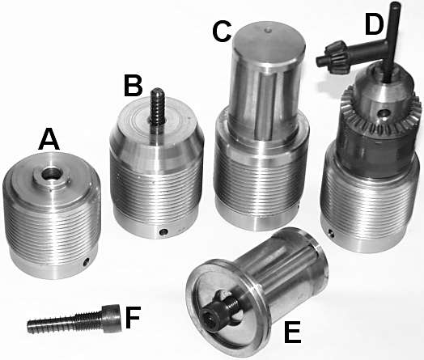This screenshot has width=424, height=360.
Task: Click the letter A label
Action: pyautogui.click(x=49, y=139)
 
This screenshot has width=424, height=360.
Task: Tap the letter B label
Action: pyautogui.click(x=133, y=85)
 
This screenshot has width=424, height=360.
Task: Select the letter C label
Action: pyautogui.click(x=222, y=32)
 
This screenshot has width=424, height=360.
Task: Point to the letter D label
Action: pyautogui.click(x=375, y=24)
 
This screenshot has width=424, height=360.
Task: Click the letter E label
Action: pyautogui.click(x=293, y=332)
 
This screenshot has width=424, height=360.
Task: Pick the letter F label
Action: pyautogui.click(x=133, y=317)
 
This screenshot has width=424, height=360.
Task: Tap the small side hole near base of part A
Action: pyautogui.click(x=87, y=261)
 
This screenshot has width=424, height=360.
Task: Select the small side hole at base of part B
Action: pyautogui.click(x=163, y=232)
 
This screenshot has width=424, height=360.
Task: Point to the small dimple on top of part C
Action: pyautogui.click(x=268, y=30)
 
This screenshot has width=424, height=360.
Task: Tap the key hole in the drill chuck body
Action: pyautogui.click(x=384, y=113)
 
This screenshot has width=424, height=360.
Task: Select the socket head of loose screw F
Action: pyautogui.click(x=112, y=318)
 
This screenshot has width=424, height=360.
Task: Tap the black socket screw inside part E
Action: pyautogui.click(x=218, y=310)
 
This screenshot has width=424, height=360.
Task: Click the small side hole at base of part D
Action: pyautogui.click(x=331, y=232)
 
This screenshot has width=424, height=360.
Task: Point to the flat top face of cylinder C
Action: pyautogui.click(x=269, y=43)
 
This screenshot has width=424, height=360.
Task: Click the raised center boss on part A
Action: pyautogui.click(x=51, y=177)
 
